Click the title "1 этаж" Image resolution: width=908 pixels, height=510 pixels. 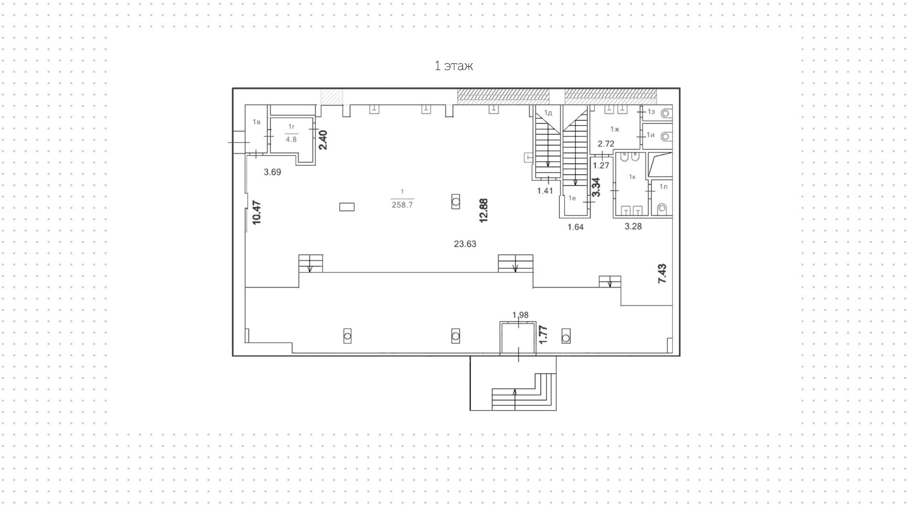point(454,66)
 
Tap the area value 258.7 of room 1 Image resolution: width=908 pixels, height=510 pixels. point(402,205)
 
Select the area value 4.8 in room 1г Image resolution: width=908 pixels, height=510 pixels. point(291,140)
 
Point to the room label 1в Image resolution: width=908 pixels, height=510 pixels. point(256,122)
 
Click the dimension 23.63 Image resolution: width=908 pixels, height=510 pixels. point(465,244)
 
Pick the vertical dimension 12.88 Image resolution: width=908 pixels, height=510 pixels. point(483,211)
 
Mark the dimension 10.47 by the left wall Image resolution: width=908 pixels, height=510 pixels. point(257,212)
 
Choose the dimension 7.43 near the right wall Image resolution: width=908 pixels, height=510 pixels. point(662,273)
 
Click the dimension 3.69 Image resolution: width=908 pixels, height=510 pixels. point(272,172)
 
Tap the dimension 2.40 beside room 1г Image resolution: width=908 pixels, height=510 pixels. point(323,140)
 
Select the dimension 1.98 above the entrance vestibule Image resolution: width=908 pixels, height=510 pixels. point(520,315)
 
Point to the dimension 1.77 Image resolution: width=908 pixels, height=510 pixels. point(543,334)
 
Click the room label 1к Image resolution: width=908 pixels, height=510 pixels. point(632,177)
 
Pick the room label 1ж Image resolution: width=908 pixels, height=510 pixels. point(614,129)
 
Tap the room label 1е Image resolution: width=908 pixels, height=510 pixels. point(572,198)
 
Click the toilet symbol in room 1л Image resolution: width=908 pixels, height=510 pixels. point(662,208)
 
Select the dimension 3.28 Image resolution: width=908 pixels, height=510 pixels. point(633,227)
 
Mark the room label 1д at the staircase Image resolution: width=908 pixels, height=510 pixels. point(548,113)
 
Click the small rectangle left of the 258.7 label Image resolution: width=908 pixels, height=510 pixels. point(347,207)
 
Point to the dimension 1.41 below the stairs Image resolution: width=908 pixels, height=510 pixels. point(545,191)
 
